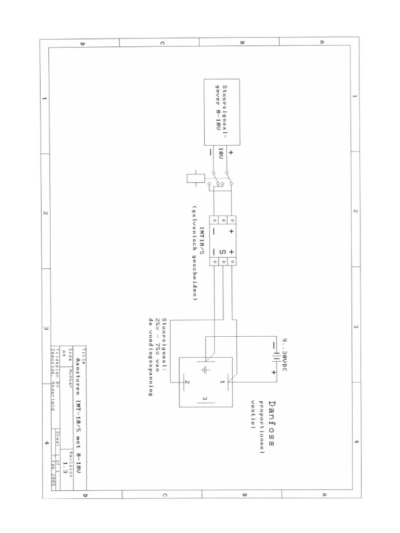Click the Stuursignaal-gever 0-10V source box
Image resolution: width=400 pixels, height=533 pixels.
tap(221, 112)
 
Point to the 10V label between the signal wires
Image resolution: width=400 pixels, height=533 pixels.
tap(220, 155)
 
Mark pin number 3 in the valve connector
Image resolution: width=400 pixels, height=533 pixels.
tap(205, 399)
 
